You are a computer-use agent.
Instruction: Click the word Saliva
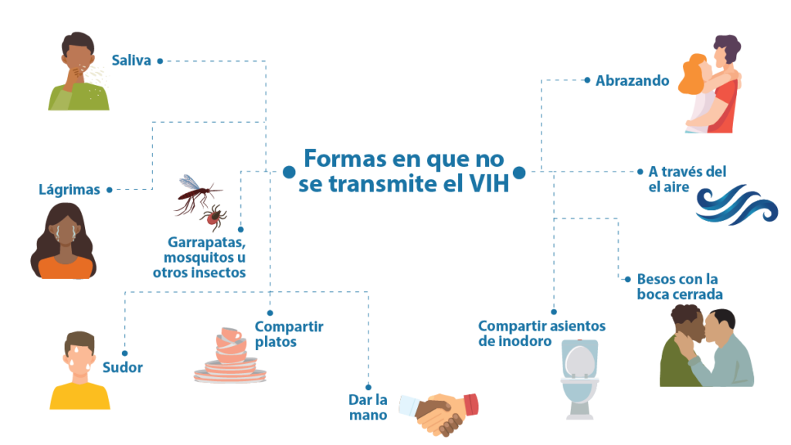[131, 60]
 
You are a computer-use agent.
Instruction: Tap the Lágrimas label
[70, 190]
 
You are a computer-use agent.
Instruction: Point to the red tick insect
[214, 217]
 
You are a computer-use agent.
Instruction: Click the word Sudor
[123, 367]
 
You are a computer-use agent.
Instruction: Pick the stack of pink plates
[230, 355]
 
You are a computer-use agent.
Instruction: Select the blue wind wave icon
[736, 205]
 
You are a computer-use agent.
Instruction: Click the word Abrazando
[633, 80]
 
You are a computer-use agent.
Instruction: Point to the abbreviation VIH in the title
[489, 184]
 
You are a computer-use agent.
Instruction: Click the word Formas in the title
[345, 159]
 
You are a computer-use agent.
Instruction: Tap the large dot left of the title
[289, 172]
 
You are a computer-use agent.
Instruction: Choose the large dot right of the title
[519, 172]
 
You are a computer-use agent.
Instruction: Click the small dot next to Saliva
[160, 61]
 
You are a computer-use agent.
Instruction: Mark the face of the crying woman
[66, 232]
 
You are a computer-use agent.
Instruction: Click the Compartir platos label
[289, 334]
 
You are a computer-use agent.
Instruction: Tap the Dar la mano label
[368, 407]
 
